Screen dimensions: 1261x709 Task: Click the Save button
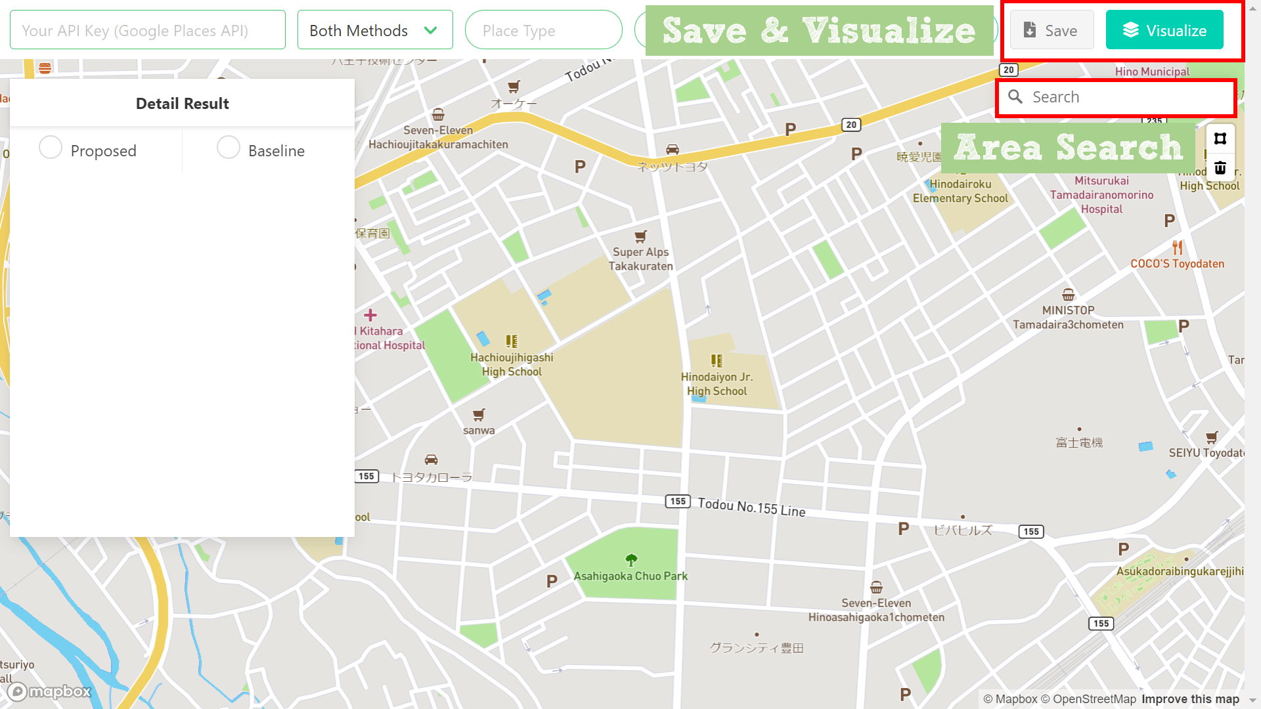point(1051,30)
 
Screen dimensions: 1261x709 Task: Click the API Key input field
point(147,30)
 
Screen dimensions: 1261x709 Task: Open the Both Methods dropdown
point(374,30)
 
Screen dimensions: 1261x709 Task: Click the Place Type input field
point(542,30)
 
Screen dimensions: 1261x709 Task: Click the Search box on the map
point(1117,97)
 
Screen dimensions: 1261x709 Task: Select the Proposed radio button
point(51,148)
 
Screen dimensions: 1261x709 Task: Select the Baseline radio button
point(228,148)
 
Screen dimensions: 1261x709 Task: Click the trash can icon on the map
point(1220,168)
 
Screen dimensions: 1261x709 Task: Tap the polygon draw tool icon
point(1220,139)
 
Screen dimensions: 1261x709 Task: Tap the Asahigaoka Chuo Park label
point(630,576)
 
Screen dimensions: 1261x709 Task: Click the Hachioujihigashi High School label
point(512,364)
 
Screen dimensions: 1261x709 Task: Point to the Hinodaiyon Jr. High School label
point(717,384)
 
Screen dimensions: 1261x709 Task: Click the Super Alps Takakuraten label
point(640,259)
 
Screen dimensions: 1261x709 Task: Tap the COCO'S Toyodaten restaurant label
point(1177,263)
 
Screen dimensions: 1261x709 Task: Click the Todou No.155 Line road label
point(751,507)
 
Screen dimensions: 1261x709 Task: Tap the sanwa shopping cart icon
point(479,415)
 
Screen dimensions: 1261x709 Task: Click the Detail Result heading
point(182,104)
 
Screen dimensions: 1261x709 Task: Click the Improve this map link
point(1190,699)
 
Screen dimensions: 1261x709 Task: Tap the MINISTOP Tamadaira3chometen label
point(1068,318)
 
